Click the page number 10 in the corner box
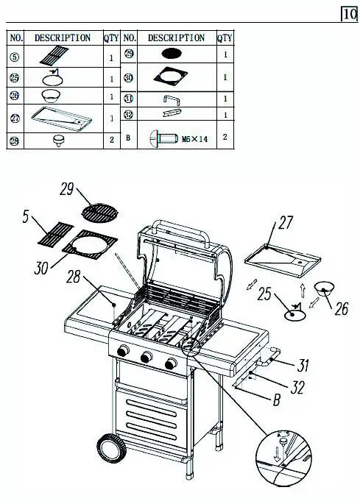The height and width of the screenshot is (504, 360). point(349,14)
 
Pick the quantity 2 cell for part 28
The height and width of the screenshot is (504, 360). point(112,140)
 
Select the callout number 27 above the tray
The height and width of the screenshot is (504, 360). point(286,221)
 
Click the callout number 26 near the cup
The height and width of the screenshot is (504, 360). point(341,310)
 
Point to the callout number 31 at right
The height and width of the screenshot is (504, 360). point(308,364)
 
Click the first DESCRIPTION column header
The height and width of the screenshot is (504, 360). point(63,38)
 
